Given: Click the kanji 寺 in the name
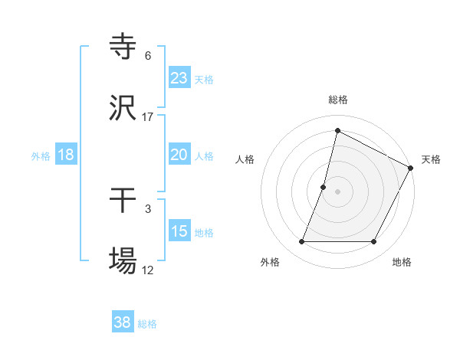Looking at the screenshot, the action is (x=123, y=47).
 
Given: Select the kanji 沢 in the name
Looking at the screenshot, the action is (x=123, y=109).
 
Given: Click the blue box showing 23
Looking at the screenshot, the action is (x=179, y=77).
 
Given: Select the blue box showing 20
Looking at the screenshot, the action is (x=179, y=155).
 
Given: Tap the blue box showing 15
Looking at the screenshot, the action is (x=179, y=231).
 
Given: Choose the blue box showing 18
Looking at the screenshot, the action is (x=66, y=155).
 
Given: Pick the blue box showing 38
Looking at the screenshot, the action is (x=123, y=322).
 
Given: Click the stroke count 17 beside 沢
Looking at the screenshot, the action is (x=148, y=117).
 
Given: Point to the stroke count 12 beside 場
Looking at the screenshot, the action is (x=148, y=270).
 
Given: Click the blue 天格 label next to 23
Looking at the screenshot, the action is (x=204, y=79).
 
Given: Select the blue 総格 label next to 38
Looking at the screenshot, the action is (x=147, y=324).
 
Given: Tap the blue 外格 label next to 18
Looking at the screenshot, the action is (x=41, y=156).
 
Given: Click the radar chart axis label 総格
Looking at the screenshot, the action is (x=338, y=100).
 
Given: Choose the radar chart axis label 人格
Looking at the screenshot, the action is (x=245, y=159).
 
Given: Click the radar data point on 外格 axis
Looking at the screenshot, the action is (x=301, y=242).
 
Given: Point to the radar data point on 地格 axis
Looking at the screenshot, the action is (x=374, y=242).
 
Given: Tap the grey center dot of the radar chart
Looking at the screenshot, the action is (x=338, y=191).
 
